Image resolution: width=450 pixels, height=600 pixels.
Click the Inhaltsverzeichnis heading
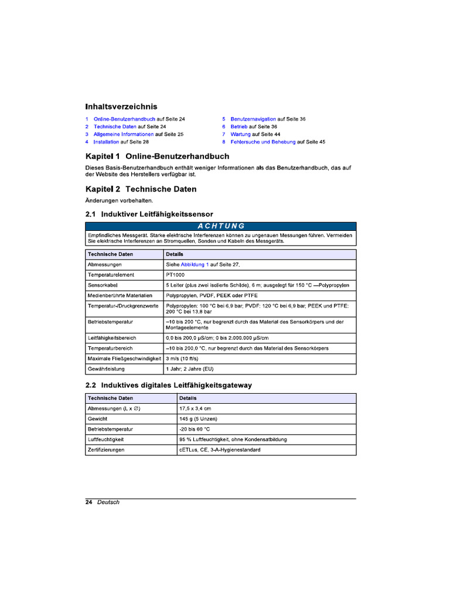coord(121,107)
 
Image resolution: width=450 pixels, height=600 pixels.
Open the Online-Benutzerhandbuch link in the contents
coord(124,119)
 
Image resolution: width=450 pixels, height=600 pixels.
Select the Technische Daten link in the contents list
coord(115,127)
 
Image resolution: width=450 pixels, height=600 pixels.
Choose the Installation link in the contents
coord(106,142)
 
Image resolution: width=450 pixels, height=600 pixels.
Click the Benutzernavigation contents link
coord(253,119)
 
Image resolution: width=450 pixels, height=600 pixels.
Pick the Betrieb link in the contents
coord(239,127)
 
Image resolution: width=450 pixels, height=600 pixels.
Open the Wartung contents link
coord(241,134)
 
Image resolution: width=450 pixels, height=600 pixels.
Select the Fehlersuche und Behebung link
coord(263,142)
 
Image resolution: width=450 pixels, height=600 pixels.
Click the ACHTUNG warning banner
coord(220,226)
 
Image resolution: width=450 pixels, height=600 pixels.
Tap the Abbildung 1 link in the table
coord(195,265)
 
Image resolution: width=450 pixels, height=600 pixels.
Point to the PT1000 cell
coord(175,275)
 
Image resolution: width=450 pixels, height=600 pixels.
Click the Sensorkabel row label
coord(102,285)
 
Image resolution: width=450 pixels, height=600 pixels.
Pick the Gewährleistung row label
coord(105,369)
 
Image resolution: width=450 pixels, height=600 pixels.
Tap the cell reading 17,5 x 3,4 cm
coord(195,408)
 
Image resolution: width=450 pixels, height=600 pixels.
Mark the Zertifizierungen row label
coord(106,450)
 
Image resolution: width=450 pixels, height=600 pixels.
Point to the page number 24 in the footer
coord(89,502)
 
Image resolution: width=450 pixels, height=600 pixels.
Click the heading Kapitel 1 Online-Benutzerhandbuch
coord(157,156)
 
